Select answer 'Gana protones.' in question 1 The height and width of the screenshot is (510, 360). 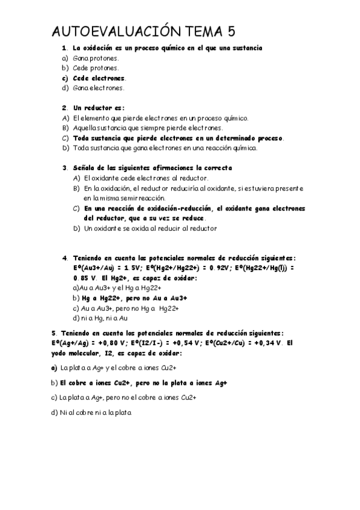[x=96, y=58]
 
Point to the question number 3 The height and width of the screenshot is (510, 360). [x=64, y=168]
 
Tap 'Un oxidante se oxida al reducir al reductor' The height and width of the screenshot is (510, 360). [x=151, y=229]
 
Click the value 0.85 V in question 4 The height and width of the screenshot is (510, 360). [x=81, y=278]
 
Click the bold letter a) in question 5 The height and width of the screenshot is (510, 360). [x=54, y=367]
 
